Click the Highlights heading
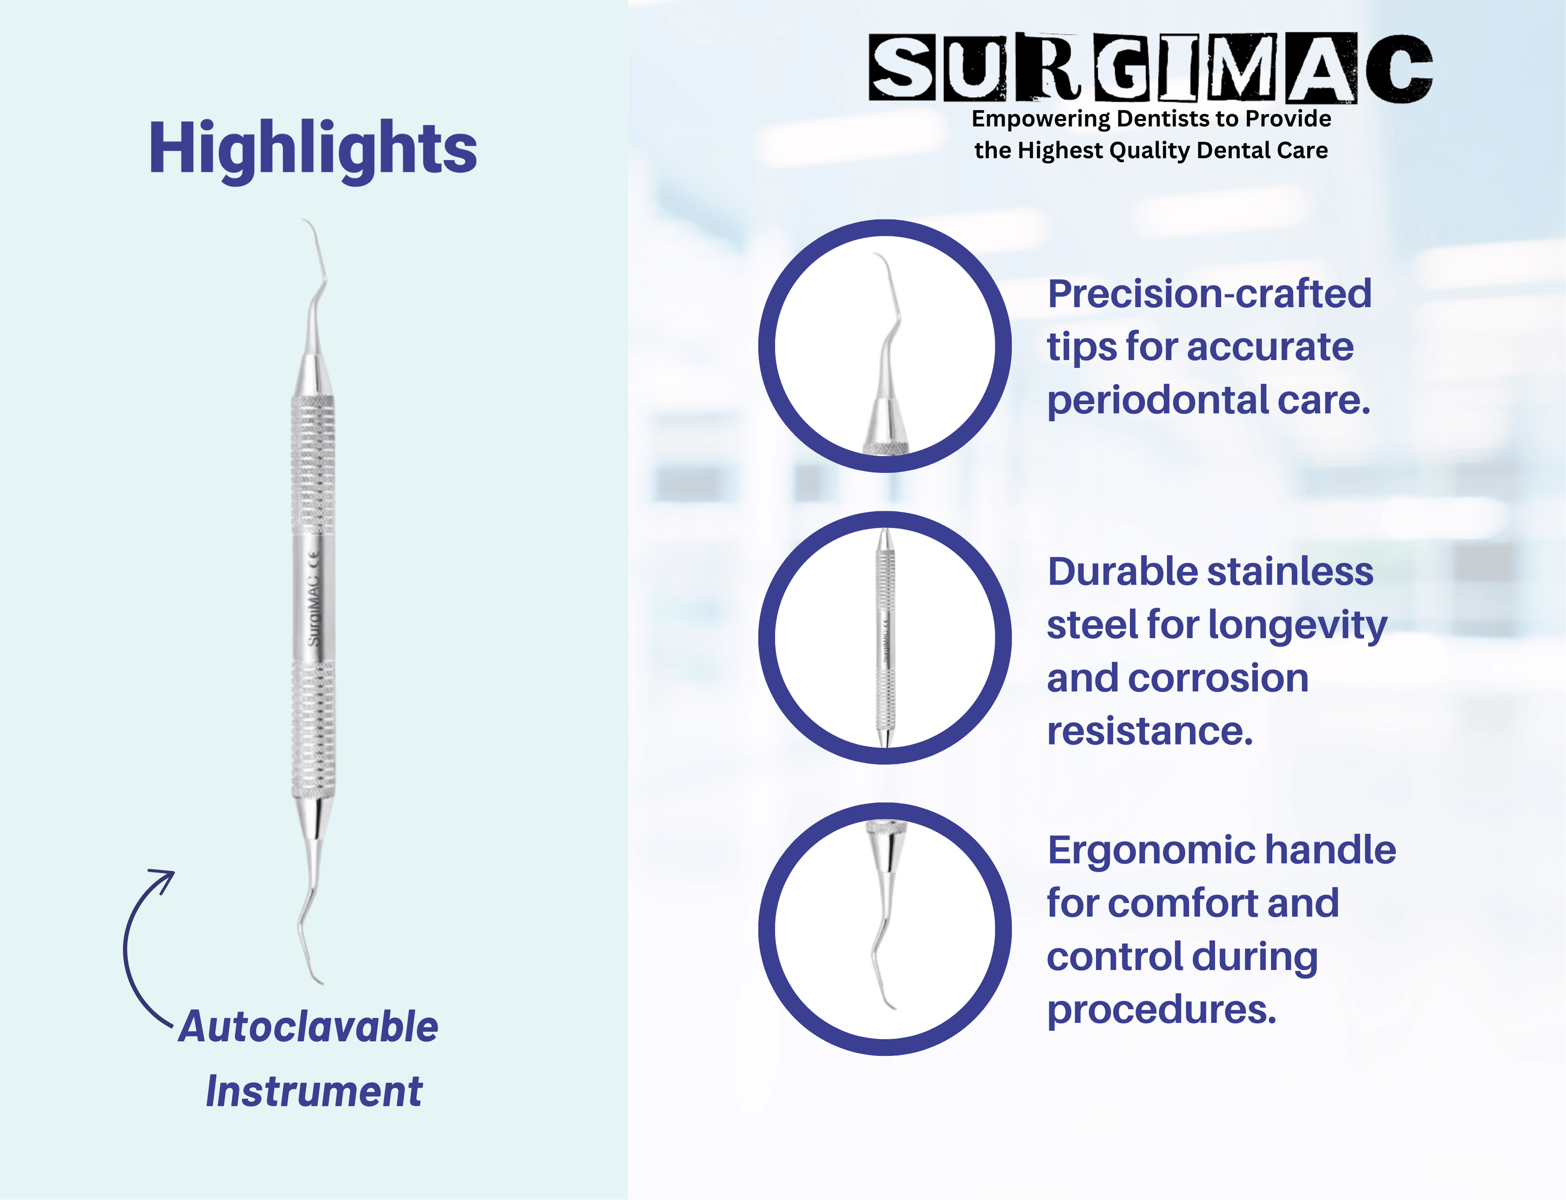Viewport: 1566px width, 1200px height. [x=313, y=149]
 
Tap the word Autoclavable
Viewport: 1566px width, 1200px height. [x=309, y=1027]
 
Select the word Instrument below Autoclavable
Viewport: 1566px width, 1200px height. [x=314, y=1092]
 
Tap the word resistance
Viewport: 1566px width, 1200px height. [x=1150, y=731]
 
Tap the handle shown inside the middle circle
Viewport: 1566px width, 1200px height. [x=885, y=638]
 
